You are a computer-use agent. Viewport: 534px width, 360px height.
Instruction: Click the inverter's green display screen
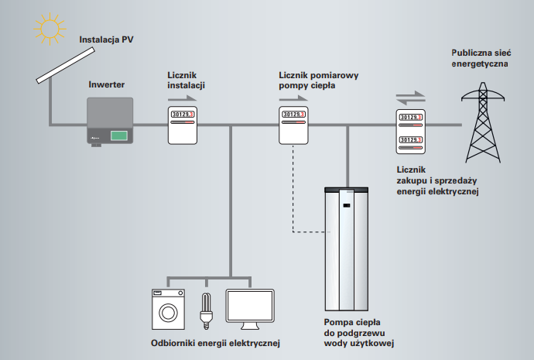click(x=119, y=135)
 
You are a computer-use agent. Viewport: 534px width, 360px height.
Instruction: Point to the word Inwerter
click(x=107, y=84)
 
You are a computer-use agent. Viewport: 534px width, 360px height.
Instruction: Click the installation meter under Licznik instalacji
click(x=183, y=125)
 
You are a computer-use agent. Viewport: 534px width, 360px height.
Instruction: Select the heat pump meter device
click(x=293, y=125)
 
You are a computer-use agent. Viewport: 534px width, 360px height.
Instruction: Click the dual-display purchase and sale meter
click(x=410, y=132)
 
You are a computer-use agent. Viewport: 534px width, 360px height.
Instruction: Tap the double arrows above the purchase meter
click(x=410, y=98)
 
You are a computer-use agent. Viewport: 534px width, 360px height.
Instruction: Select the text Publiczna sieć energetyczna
click(x=479, y=59)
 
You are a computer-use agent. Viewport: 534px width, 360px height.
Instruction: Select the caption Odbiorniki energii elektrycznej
click(x=214, y=342)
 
